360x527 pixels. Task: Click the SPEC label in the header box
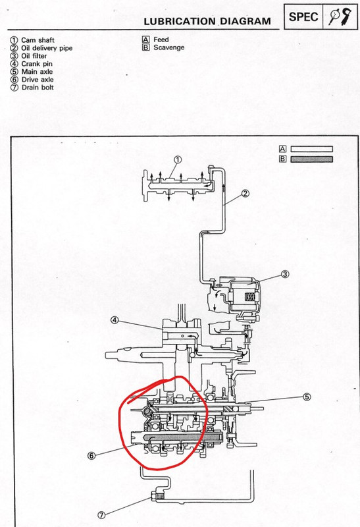pyautogui.click(x=303, y=17)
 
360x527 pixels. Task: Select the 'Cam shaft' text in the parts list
pyautogui.click(x=38, y=40)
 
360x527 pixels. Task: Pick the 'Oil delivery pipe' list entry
pyautogui.click(x=47, y=48)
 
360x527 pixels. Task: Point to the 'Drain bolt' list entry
pyautogui.click(x=38, y=88)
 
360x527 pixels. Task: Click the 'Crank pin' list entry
pyautogui.click(x=37, y=64)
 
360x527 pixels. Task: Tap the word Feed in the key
pyautogui.click(x=161, y=40)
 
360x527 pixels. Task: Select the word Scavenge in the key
pyautogui.click(x=169, y=47)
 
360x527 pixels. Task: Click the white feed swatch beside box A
pyautogui.click(x=311, y=150)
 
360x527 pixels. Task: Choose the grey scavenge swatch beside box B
pyautogui.click(x=311, y=159)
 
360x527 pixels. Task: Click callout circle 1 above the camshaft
pyautogui.click(x=178, y=159)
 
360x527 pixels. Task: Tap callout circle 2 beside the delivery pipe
pyautogui.click(x=245, y=193)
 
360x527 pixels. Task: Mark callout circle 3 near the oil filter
pyautogui.click(x=285, y=274)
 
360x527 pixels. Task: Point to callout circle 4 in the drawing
pyautogui.click(x=115, y=320)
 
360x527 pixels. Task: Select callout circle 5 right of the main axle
pyautogui.click(x=307, y=397)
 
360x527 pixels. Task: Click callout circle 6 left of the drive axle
pyautogui.click(x=91, y=456)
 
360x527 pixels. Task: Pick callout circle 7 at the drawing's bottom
pyautogui.click(x=101, y=515)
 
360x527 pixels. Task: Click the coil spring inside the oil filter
pyautogui.click(x=250, y=297)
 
